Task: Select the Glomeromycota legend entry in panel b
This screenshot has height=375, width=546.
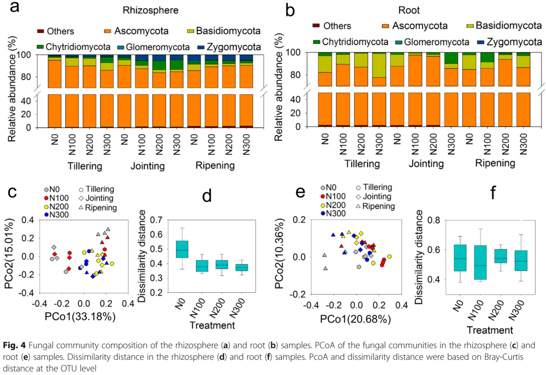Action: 436,42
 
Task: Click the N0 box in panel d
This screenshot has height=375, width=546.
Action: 181,249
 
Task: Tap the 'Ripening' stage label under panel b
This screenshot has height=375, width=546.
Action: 495,163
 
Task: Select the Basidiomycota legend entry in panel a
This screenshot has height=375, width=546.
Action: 224,31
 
